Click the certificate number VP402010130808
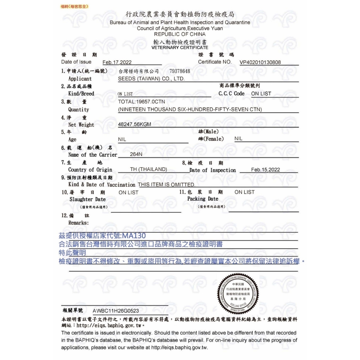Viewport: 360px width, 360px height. (260, 63)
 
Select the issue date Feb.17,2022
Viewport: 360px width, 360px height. (117, 63)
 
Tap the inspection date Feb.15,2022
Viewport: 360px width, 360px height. (265, 170)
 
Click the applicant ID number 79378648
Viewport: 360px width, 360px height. (180, 71)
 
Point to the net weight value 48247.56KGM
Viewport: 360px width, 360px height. (135, 124)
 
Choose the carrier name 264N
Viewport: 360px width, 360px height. (136, 154)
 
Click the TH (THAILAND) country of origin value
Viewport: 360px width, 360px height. (148, 169)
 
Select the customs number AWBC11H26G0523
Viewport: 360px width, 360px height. (116, 311)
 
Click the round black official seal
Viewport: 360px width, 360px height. (238, 294)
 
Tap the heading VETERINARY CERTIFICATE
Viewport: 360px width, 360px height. (180, 47)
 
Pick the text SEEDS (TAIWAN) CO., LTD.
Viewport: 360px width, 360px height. (152, 79)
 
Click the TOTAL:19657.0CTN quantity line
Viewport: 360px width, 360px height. (142, 102)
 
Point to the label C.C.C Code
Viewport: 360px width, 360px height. (231, 94)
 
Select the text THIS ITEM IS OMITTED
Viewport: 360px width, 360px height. (166, 185)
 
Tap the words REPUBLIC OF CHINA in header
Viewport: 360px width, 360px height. (180, 34)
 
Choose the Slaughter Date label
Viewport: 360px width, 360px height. (88, 199)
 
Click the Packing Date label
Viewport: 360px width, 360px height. (203, 199)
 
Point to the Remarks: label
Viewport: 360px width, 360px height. (78, 223)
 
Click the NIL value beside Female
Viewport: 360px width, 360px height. (238, 139)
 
